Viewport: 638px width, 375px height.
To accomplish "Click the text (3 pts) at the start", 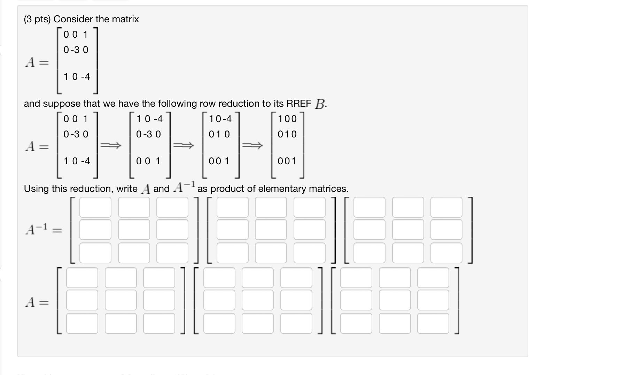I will pyautogui.click(x=37, y=19).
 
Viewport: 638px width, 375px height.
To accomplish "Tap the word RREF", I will pyautogui.click(x=298, y=104).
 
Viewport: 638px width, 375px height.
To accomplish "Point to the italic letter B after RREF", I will pyautogui.click(x=320, y=104).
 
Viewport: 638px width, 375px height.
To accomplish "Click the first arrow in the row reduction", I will pyautogui.click(x=111, y=145).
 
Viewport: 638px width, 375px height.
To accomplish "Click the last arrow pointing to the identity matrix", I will pyautogui.click(x=252, y=145).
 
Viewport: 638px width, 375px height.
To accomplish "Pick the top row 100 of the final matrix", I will pyautogui.click(x=287, y=119).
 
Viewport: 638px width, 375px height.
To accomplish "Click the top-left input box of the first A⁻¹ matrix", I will pyautogui.click(x=95, y=207).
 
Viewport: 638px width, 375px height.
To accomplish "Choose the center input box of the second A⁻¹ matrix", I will pyautogui.click(x=271, y=230).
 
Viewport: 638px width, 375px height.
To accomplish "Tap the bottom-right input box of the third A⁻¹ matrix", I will pyautogui.click(x=446, y=252).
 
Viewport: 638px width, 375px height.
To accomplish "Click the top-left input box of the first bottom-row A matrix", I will pyautogui.click(x=82, y=278).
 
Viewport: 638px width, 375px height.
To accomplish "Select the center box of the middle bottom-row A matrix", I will pyautogui.click(x=258, y=300).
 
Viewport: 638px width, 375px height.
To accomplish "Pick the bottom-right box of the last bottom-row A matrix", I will pyautogui.click(x=433, y=323).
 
